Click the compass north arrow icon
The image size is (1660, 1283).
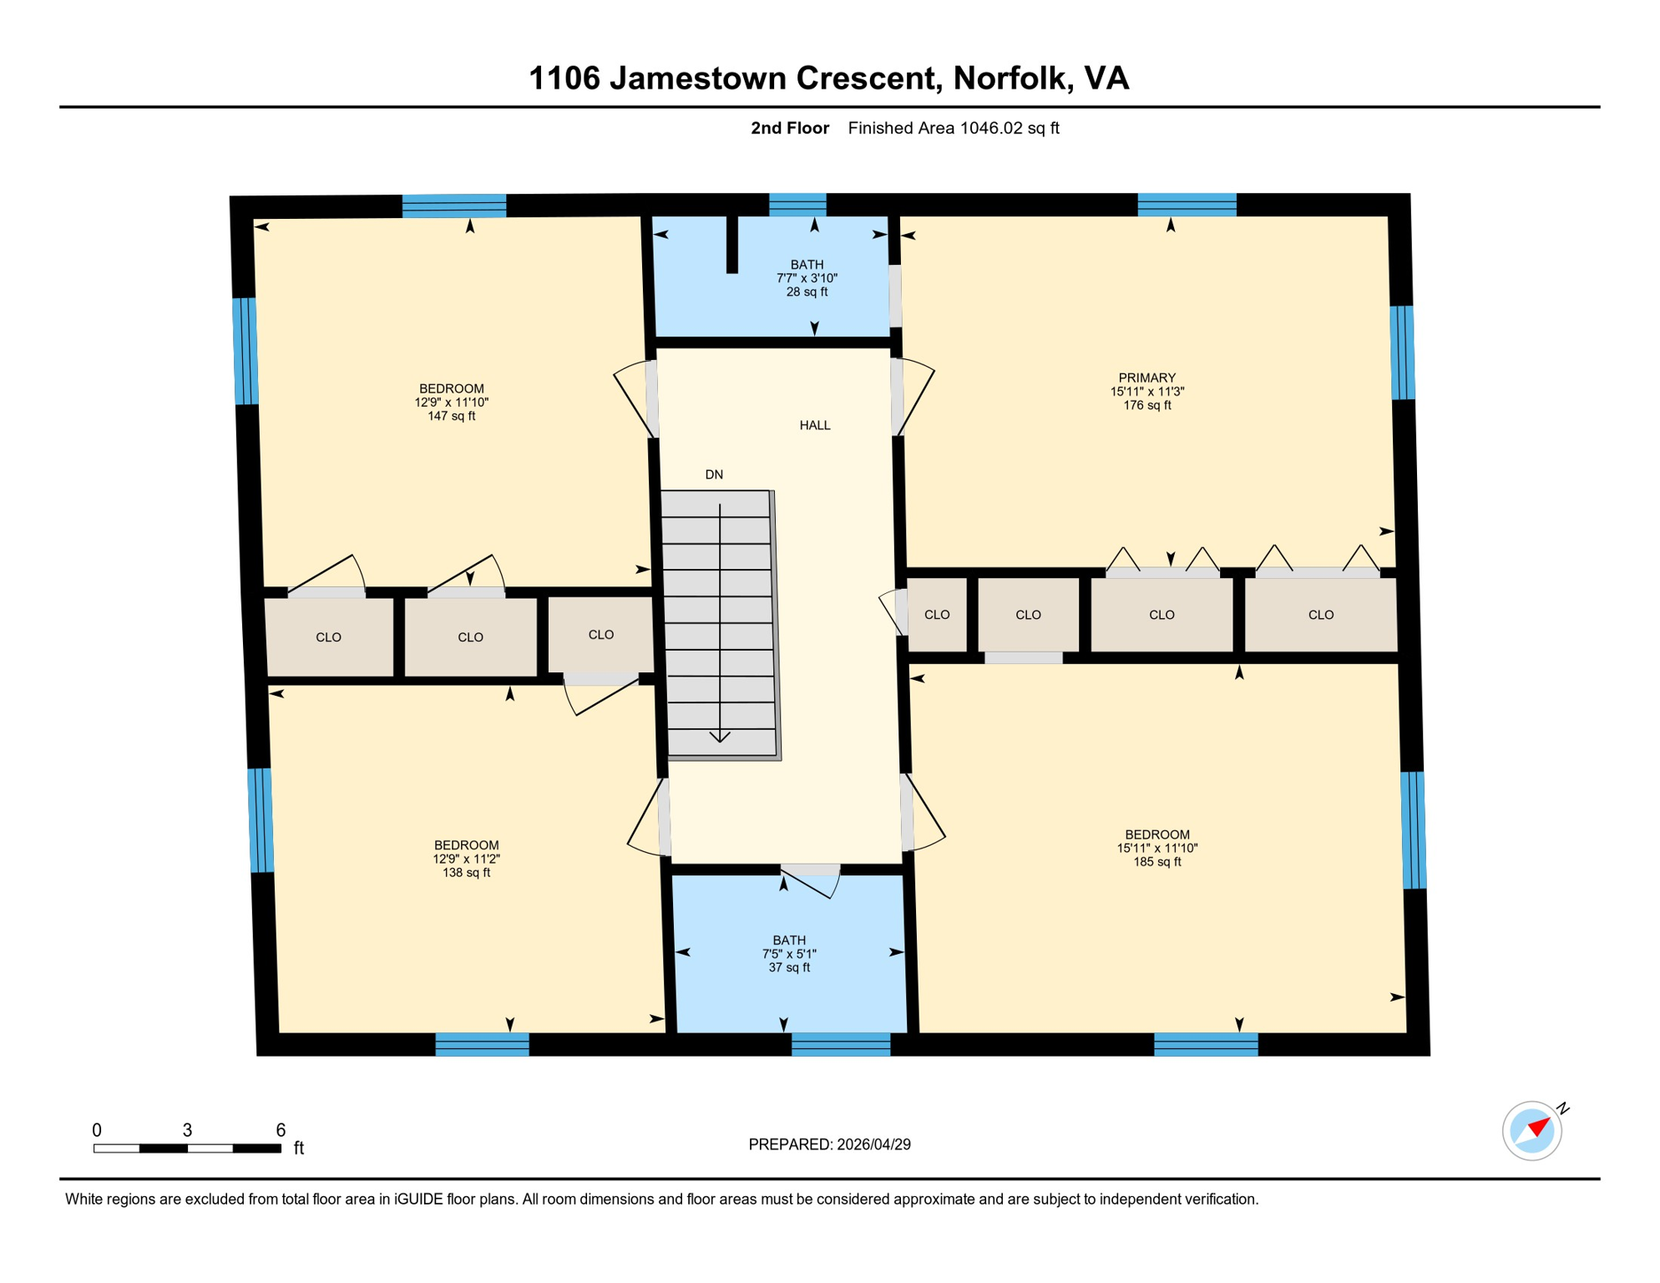pyautogui.click(x=1532, y=1131)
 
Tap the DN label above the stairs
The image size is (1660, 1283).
pyautogui.click(x=714, y=474)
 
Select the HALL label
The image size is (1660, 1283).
pyautogui.click(x=815, y=425)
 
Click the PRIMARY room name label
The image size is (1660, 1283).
pyautogui.click(x=1146, y=378)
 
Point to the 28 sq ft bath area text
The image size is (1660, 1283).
pyautogui.click(x=807, y=292)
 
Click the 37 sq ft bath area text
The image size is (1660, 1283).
pyautogui.click(x=789, y=967)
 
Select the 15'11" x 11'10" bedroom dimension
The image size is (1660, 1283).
pyautogui.click(x=1156, y=848)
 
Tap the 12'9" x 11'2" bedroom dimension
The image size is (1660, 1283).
pyautogui.click(x=466, y=859)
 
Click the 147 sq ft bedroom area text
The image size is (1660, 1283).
pyautogui.click(x=451, y=416)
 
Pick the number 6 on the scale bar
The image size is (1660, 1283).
pyautogui.click(x=281, y=1130)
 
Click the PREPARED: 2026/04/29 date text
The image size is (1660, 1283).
pyautogui.click(x=829, y=1144)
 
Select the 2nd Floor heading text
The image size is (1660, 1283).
pyautogui.click(x=789, y=128)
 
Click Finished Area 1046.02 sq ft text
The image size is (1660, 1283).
pyautogui.click(x=953, y=128)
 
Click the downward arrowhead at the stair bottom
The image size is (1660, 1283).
pyautogui.click(x=720, y=737)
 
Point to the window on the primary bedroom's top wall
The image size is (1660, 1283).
pyautogui.click(x=1187, y=205)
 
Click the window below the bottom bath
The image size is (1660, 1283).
pyautogui.click(x=840, y=1044)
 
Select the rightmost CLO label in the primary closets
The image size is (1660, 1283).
pyautogui.click(x=1320, y=615)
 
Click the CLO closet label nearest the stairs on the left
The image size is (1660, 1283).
pyautogui.click(x=600, y=635)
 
